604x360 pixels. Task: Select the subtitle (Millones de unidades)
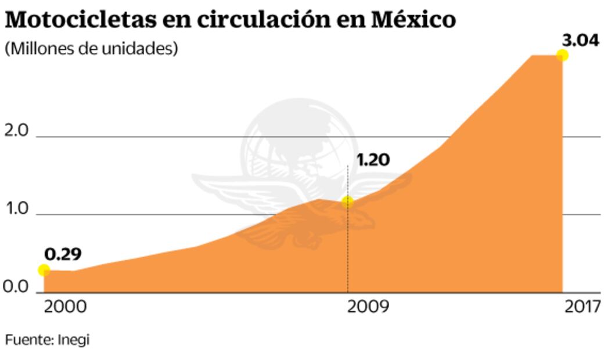click(x=91, y=49)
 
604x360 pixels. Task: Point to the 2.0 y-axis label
click(x=16, y=131)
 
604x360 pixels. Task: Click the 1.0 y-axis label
click(x=16, y=208)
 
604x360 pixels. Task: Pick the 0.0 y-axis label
click(x=16, y=286)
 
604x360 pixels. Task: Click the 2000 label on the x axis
click(x=66, y=307)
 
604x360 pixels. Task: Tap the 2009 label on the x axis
click(x=368, y=307)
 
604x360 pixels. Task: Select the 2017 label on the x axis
click(x=583, y=307)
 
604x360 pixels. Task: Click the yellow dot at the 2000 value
click(x=44, y=270)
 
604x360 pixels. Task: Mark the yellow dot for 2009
click(x=347, y=202)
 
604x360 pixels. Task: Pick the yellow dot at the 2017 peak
click(x=562, y=55)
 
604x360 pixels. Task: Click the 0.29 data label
click(x=63, y=254)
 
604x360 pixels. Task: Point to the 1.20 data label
click(x=373, y=160)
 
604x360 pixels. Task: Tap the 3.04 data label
click(x=580, y=42)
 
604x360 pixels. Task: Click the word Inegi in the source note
click(x=74, y=340)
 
